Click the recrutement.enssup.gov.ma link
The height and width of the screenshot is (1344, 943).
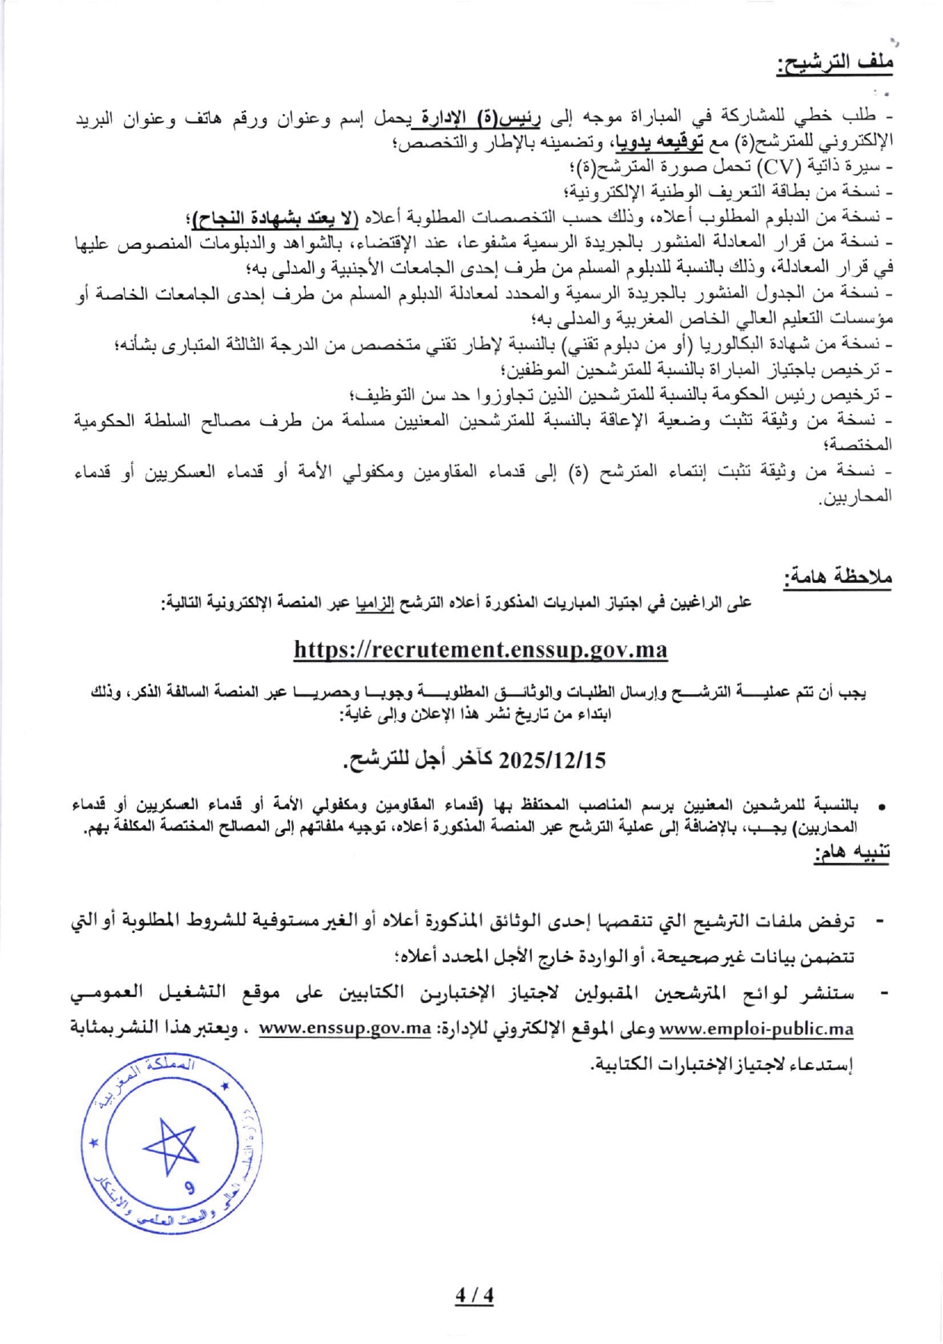[480, 649]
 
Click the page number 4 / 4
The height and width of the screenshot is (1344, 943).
[474, 1295]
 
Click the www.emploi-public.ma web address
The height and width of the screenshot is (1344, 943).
[756, 1030]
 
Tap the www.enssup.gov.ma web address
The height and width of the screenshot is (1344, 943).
[346, 1030]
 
